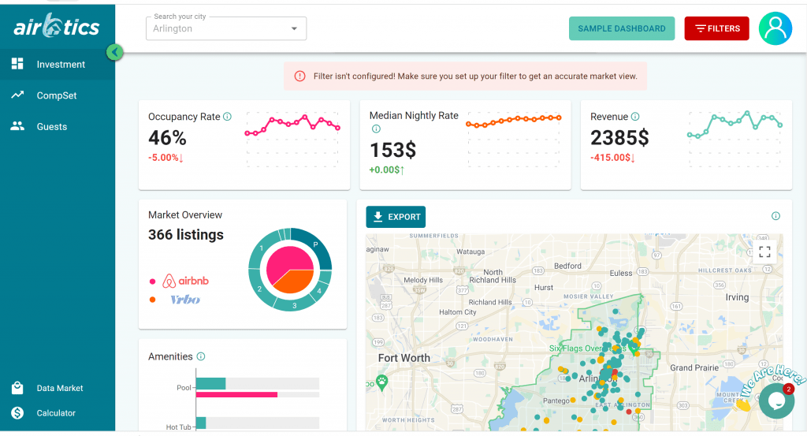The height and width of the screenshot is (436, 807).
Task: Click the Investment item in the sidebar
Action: [x=60, y=65]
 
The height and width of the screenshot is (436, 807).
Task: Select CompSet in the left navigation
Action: [x=56, y=95]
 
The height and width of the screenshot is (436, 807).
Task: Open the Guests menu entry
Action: [x=51, y=127]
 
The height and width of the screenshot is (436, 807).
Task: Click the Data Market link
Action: [x=59, y=389]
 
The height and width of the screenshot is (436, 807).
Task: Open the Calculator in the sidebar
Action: [x=56, y=413]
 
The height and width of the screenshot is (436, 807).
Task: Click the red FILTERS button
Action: [x=716, y=28]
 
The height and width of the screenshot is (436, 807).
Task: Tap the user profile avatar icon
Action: [x=775, y=28]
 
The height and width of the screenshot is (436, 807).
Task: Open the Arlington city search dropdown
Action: [x=226, y=28]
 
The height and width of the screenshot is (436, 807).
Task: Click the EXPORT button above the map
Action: [x=396, y=217]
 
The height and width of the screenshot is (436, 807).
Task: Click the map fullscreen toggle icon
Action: [x=764, y=252]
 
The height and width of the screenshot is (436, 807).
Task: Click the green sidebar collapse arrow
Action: [x=114, y=53]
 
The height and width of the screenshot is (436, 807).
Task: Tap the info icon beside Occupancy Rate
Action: [x=227, y=117]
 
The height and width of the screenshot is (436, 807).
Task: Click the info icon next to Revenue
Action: [x=635, y=117]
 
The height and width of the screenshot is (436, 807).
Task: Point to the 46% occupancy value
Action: [x=167, y=138]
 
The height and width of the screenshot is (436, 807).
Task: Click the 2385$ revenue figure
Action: [x=619, y=138]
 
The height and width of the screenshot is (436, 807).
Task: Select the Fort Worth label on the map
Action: [x=404, y=358]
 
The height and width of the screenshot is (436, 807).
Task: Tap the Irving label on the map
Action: [x=737, y=297]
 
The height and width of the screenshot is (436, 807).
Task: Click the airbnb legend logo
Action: [x=185, y=281]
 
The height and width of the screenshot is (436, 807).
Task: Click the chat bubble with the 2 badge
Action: [x=775, y=401]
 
